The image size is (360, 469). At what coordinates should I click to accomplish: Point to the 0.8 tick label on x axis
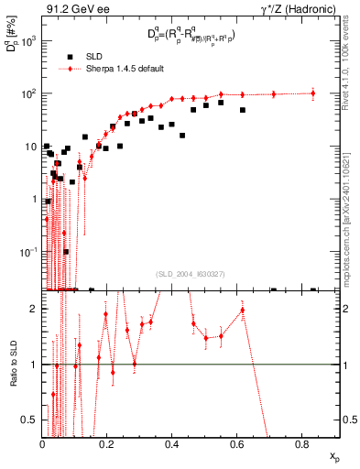(303, 443)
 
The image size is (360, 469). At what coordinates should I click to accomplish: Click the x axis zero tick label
(42, 443)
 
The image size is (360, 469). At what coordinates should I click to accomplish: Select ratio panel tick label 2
(34, 309)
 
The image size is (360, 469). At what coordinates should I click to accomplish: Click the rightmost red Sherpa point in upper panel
(313, 93)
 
